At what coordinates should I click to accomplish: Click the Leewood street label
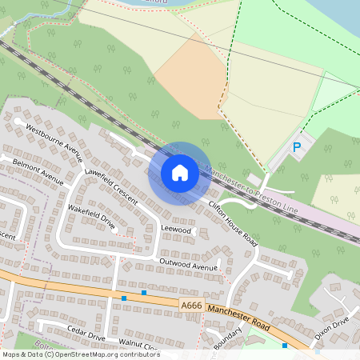(177, 230)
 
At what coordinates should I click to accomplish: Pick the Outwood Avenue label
(188, 265)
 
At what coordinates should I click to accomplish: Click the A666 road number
(190, 306)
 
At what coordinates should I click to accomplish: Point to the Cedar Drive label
(86, 333)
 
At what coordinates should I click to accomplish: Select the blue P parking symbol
(297, 147)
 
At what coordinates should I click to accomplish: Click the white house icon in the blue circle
(180, 173)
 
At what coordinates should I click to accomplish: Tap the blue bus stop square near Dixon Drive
(285, 346)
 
